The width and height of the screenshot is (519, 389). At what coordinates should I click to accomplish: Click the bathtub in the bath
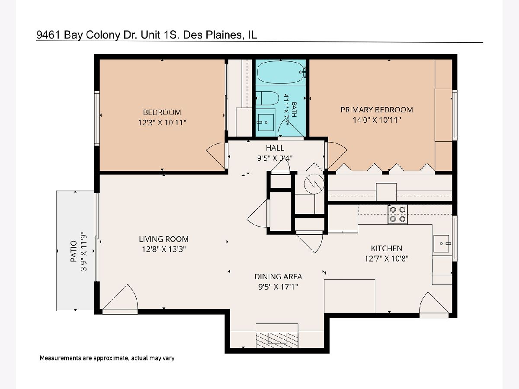281,72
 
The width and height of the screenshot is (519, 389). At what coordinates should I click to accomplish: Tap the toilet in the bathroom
267,98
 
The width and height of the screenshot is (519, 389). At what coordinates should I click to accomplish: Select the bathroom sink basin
266,122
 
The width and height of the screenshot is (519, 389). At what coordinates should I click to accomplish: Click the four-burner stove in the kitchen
397,214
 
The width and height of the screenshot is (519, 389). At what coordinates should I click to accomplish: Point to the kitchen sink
442,243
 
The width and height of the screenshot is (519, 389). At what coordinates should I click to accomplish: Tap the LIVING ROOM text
163,239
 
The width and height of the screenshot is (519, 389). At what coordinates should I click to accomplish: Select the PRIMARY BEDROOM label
377,110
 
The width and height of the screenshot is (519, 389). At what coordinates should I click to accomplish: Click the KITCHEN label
386,249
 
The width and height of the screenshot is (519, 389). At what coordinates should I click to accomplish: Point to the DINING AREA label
278,277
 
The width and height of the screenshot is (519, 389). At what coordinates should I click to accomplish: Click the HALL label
275,148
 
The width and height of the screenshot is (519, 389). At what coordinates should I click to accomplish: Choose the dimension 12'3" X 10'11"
162,123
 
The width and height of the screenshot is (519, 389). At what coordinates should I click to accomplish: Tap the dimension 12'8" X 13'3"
163,249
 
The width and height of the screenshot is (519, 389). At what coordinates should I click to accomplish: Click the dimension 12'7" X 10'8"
386,259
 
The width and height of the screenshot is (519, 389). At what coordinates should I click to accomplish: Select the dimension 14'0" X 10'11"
377,120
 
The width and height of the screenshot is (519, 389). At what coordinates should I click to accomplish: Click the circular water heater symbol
314,184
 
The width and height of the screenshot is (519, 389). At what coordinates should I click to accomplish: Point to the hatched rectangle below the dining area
277,340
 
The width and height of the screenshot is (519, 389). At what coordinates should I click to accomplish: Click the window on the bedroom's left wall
97,118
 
